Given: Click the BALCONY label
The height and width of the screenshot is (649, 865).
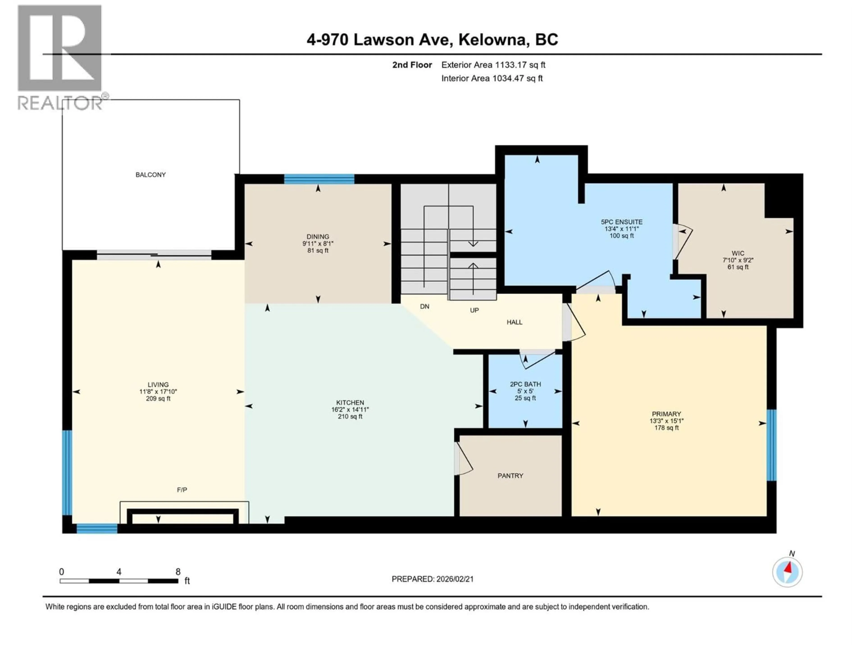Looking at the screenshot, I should [x=150, y=175].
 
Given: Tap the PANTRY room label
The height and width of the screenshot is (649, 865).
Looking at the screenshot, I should [x=510, y=476].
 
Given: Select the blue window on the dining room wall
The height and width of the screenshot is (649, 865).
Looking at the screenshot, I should [x=319, y=179].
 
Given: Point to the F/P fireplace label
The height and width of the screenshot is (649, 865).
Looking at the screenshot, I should [x=182, y=490].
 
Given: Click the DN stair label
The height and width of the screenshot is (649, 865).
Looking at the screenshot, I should [x=425, y=307].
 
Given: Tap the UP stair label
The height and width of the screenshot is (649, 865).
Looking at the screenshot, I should [x=474, y=310].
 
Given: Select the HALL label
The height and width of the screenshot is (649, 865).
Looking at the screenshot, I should [x=514, y=322].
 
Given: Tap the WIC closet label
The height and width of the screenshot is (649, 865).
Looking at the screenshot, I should [x=738, y=253].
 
